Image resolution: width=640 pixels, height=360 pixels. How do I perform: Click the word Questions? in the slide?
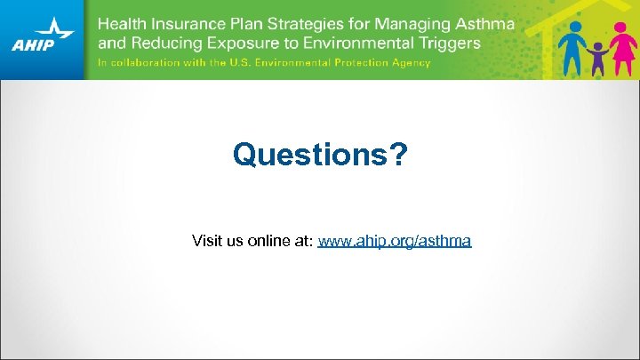pos(320,155)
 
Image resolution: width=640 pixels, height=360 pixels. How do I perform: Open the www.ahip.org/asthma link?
pos(395,241)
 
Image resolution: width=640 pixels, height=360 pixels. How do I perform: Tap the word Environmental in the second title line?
pos(360,42)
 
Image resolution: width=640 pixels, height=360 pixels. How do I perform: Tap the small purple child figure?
pos(596,58)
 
